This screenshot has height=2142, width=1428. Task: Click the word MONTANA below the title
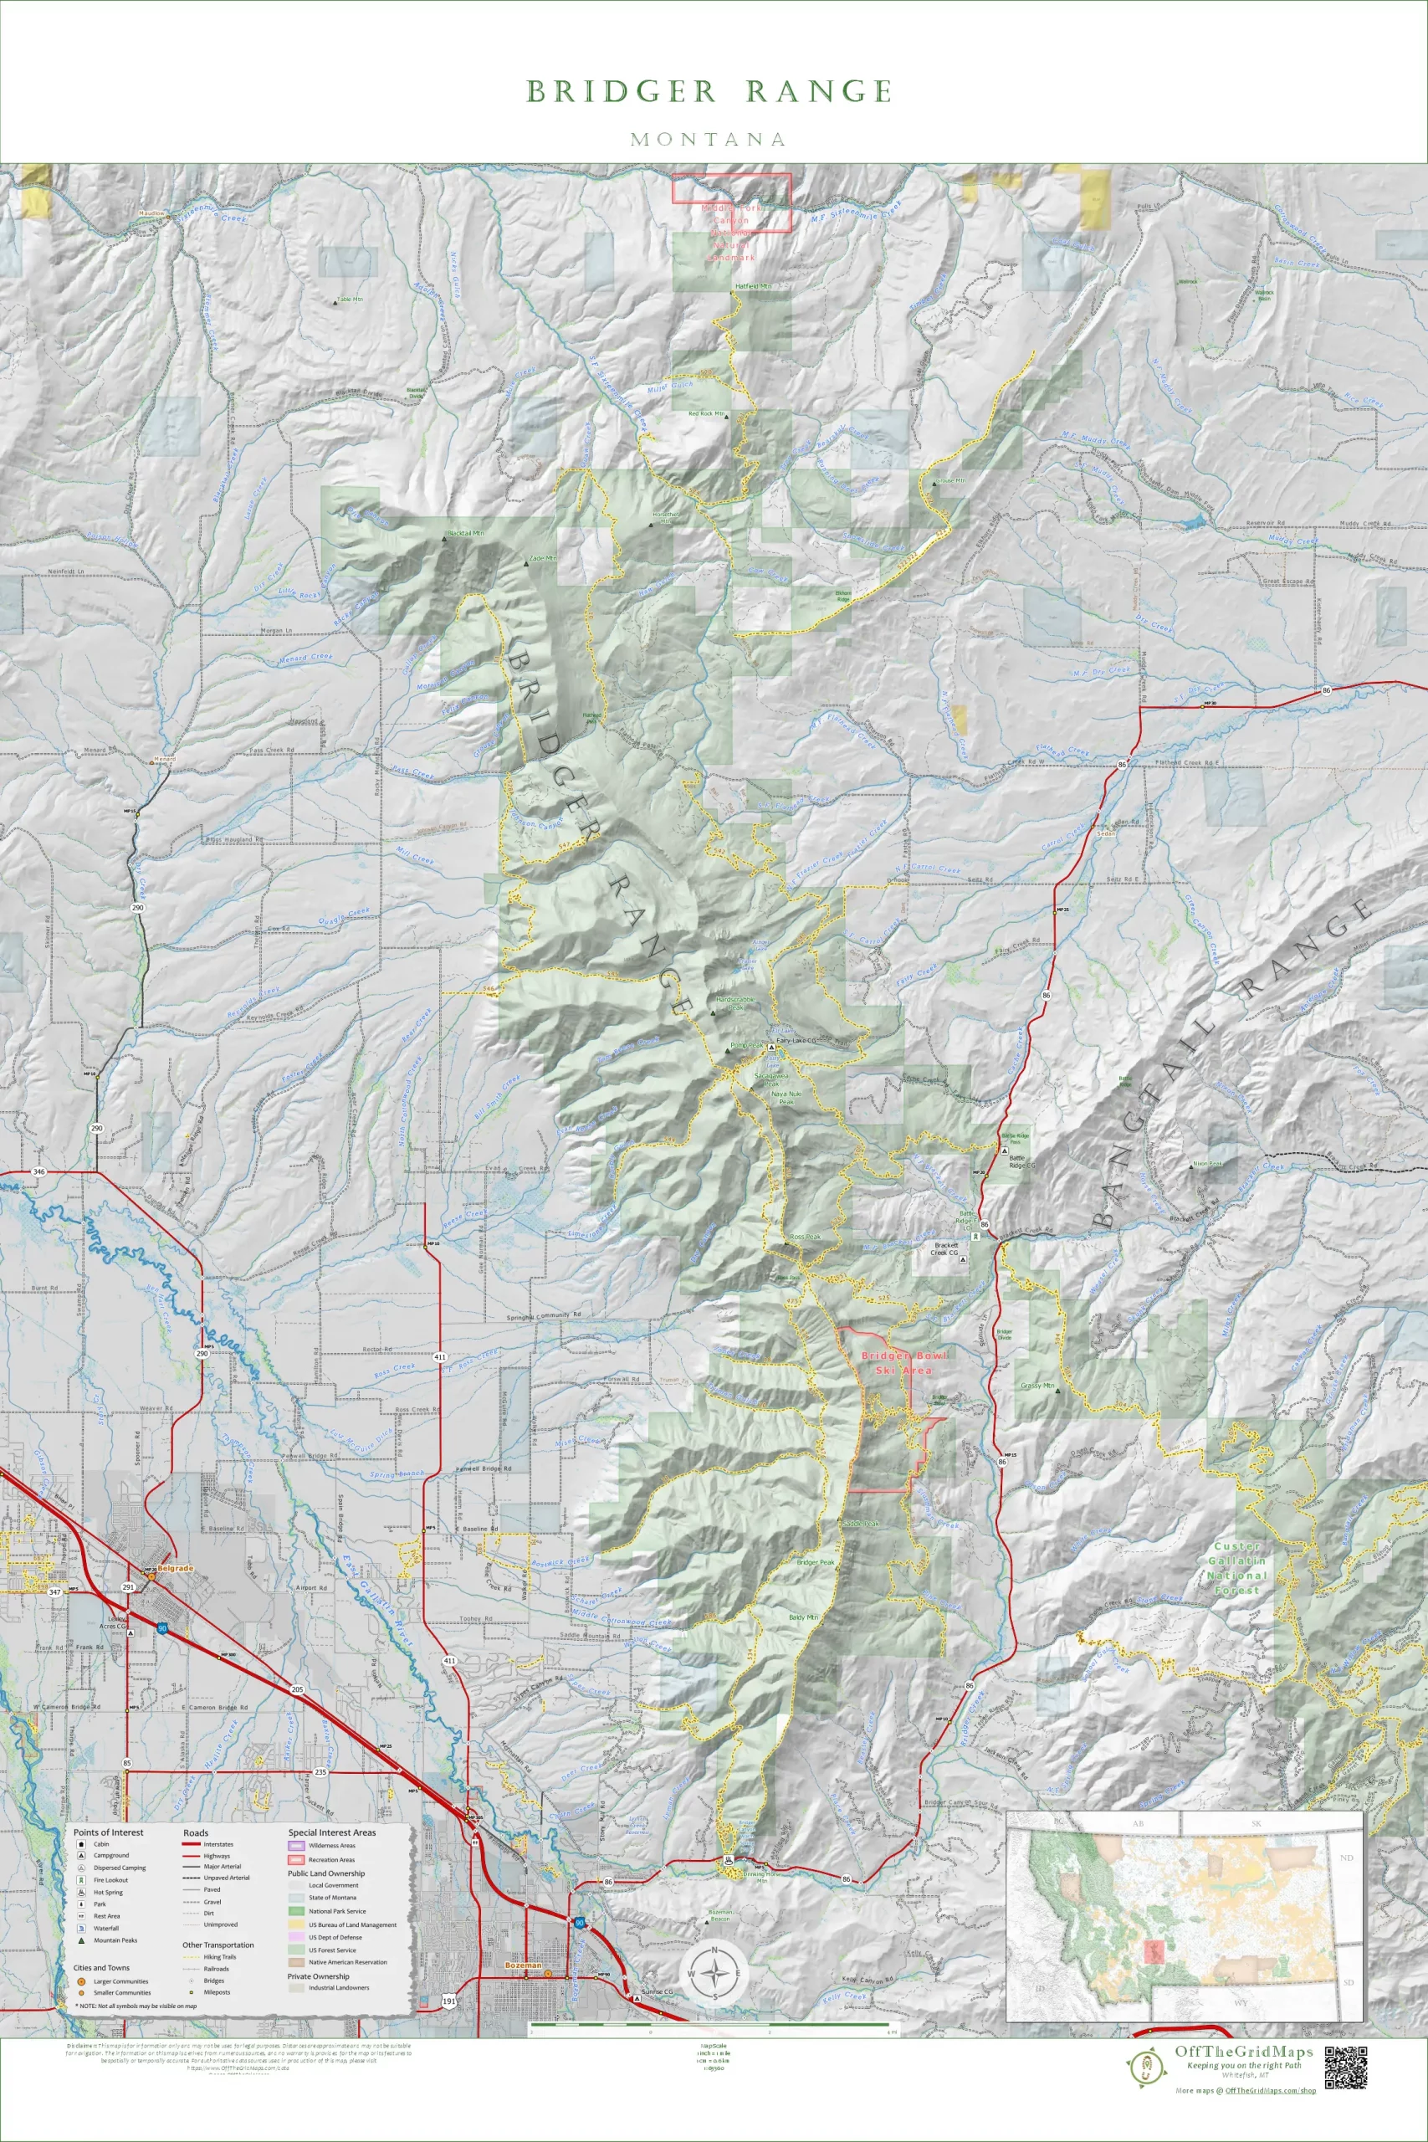709,140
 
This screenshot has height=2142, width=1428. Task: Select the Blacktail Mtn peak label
464,533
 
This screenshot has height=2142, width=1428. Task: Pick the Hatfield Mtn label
752,286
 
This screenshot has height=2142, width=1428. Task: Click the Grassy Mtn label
1036,1386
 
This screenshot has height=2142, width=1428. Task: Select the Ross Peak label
805,1237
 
